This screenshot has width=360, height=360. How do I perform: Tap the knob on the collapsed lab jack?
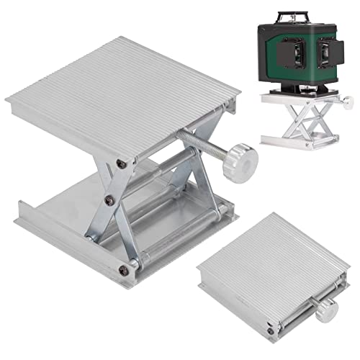click(x=325, y=310)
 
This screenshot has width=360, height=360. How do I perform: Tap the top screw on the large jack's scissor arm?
click(x=121, y=165)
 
